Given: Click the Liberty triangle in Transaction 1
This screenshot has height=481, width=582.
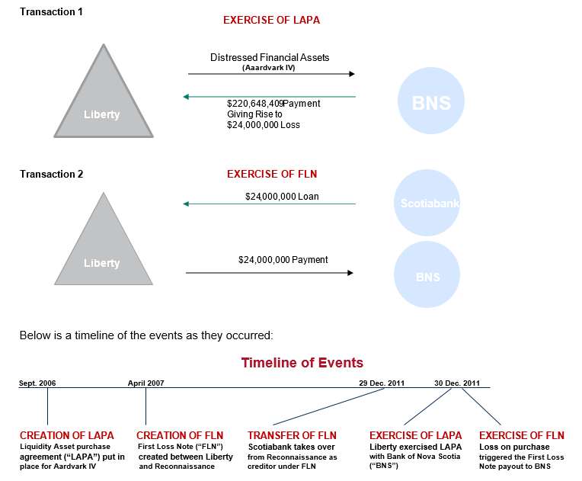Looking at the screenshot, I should click(x=102, y=99).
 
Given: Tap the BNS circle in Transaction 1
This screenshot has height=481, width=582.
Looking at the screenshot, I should click(x=431, y=101).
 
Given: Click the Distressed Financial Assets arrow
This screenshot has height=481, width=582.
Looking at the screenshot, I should click(x=271, y=74).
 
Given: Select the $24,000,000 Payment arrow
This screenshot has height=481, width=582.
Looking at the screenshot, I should click(x=270, y=272).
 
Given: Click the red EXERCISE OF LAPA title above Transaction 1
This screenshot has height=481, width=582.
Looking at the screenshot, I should click(x=271, y=21).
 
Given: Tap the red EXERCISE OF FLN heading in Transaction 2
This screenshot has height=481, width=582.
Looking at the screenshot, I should click(x=271, y=174).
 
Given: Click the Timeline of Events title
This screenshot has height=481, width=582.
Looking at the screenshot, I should click(x=302, y=363).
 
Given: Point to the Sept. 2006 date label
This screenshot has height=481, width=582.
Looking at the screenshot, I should click(x=37, y=383).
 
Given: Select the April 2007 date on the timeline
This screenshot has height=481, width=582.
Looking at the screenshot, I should click(x=145, y=383).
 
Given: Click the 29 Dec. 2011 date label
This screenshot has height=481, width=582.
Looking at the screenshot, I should click(x=382, y=383).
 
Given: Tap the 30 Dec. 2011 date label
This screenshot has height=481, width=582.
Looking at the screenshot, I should click(x=457, y=383).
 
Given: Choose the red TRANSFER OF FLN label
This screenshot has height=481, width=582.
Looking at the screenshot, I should click(x=292, y=435).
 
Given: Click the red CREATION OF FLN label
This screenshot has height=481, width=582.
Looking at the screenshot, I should click(x=180, y=435).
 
